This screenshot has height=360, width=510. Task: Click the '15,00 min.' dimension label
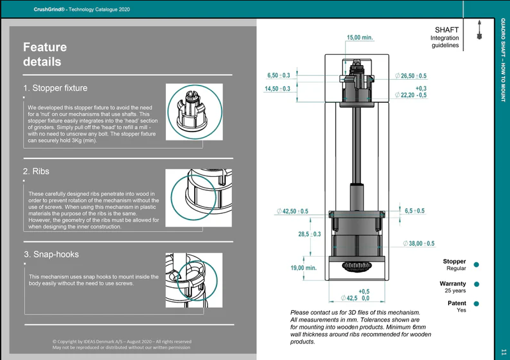[360, 38]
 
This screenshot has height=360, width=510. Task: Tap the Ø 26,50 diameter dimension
[410, 76]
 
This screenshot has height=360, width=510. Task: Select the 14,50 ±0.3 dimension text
[278, 89]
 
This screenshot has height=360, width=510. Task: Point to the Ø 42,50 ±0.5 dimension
[292, 211]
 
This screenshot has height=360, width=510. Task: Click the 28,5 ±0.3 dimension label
[310, 234]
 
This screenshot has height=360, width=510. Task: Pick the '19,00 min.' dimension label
[303, 267]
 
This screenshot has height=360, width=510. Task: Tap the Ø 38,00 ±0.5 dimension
[419, 243]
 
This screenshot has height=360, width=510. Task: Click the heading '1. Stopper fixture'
[56, 88]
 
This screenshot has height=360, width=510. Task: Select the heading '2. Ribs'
[36, 171]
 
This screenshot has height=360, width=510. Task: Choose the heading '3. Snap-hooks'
[52, 254]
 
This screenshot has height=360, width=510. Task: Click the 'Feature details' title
[45, 54]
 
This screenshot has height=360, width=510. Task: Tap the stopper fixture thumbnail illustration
[194, 112]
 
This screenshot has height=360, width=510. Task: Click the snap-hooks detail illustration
[194, 280]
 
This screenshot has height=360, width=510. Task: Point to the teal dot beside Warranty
[477, 284]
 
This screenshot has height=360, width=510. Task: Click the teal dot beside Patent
[477, 304]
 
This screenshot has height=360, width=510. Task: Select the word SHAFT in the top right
[447, 30]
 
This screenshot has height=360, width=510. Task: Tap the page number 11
[504, 352]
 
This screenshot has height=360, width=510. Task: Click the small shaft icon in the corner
[479, 30]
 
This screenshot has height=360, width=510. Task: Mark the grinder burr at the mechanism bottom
[357, 266]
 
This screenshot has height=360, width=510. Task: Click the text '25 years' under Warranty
[455, 290]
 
